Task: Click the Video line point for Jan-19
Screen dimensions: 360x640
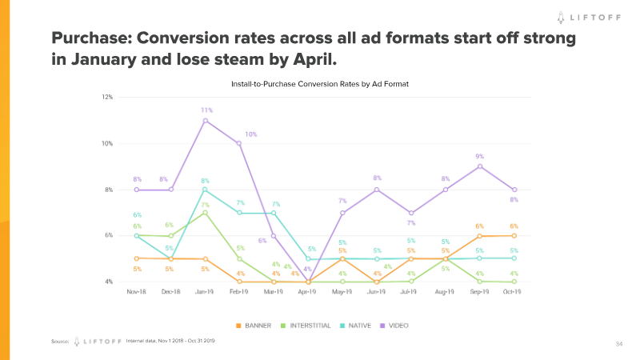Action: (x=206, y=121)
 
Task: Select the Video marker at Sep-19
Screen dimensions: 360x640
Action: (x=480, y=166)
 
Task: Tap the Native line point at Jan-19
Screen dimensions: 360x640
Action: (x=206, y=190)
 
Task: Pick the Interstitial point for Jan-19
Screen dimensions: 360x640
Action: (x=206, y=213)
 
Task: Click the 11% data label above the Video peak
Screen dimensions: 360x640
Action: (x=206, y=110)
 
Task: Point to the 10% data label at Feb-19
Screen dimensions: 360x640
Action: (x=250, y=134)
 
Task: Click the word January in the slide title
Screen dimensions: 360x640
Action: (x=89, y=59)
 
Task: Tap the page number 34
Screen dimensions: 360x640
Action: (x=618, y=343)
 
